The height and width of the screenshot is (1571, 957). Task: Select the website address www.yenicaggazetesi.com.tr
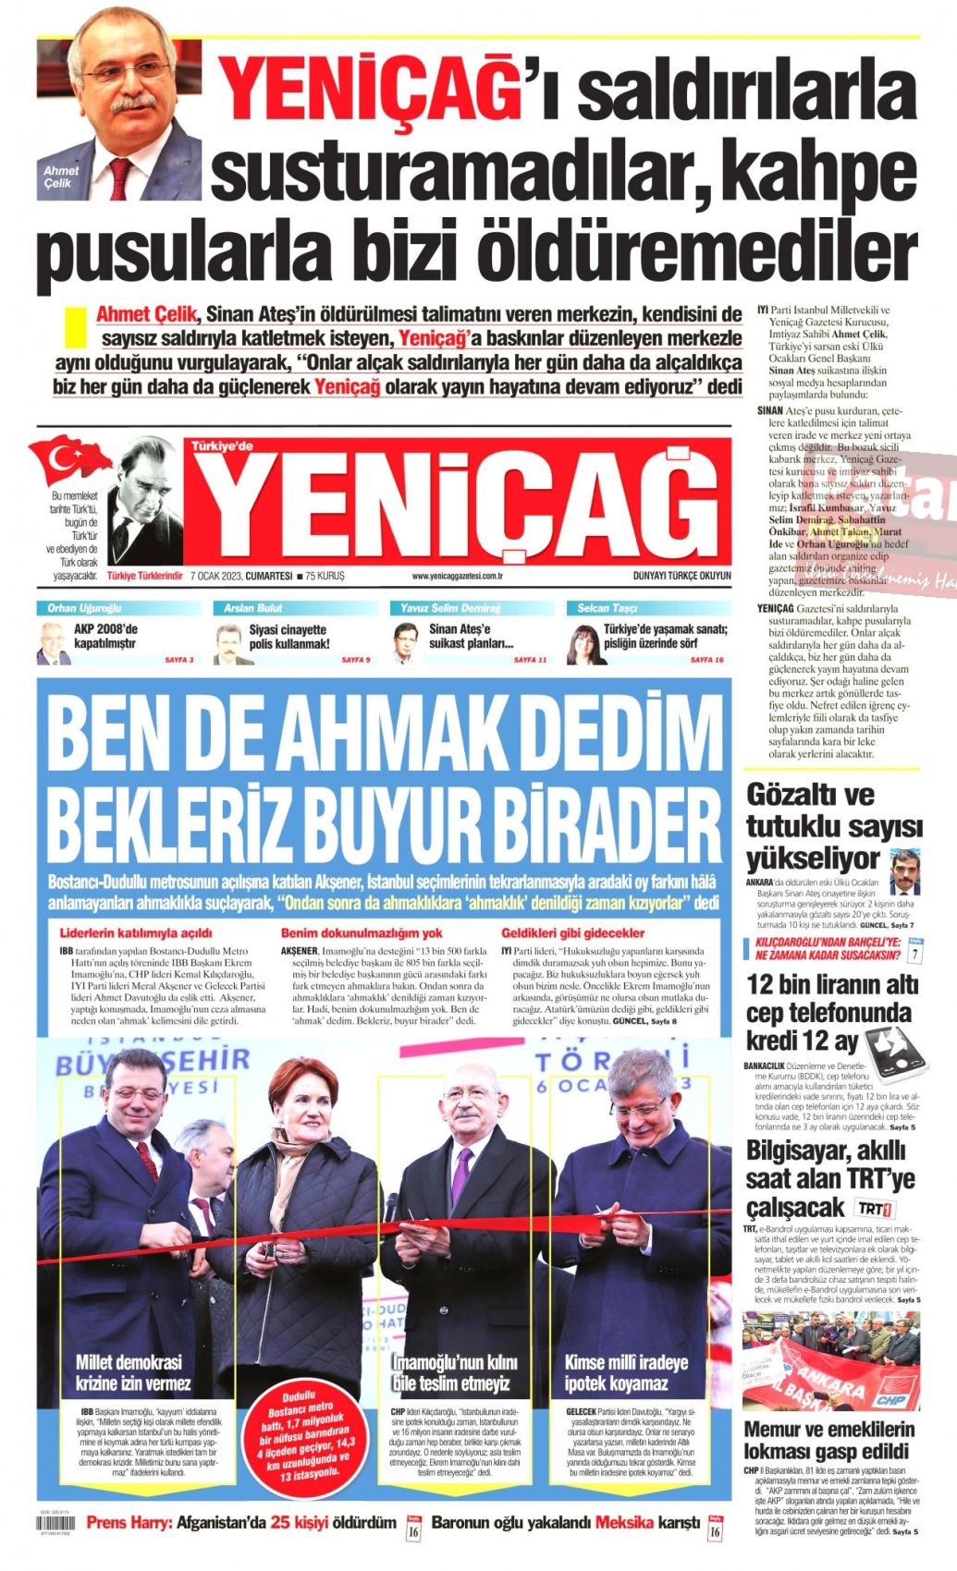pyautogui.click(x=457, y=576)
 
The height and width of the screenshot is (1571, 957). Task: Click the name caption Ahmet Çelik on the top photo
pyautogui.click(x=61, y=176)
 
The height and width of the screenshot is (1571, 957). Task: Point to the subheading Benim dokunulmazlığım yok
pyautogui.click(x=362, y=933)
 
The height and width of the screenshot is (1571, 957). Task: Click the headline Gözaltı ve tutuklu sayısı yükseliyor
pyautogui.click(x=830, y=824)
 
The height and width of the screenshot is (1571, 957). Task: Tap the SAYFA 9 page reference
pyautogui.click(x=355, y=660)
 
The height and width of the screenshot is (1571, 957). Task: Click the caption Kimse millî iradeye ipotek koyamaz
pyautogui.click(x=626, y=1372)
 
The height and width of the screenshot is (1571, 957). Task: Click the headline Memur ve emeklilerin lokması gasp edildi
pyautogui.click(x=827, y=1439)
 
